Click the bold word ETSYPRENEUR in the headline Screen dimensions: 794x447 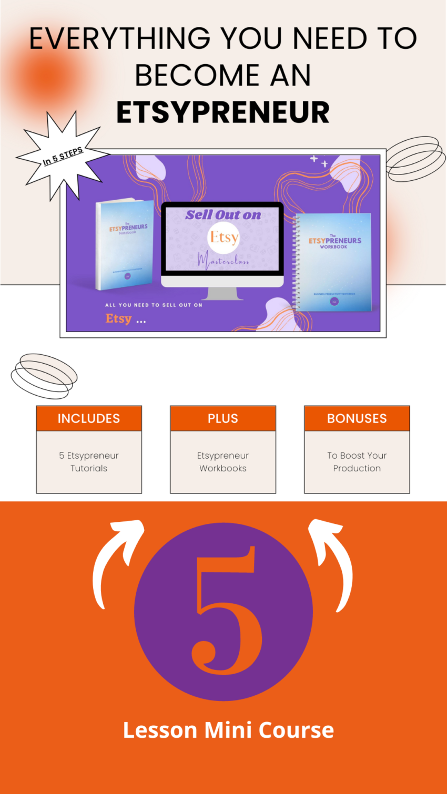223,112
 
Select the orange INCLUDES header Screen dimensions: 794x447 89,418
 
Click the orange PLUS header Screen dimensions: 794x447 223,418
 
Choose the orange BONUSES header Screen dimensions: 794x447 357,418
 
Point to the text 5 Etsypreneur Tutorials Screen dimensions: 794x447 89,462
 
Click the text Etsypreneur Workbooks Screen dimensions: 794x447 223,462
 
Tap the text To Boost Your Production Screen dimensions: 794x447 357,462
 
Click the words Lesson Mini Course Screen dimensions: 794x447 228,730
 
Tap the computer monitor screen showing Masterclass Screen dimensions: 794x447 222,239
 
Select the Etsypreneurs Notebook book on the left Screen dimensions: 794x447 125,244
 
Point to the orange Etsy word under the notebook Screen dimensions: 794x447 118,318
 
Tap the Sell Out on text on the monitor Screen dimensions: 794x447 223,214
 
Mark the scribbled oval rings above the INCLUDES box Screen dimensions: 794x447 44,375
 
